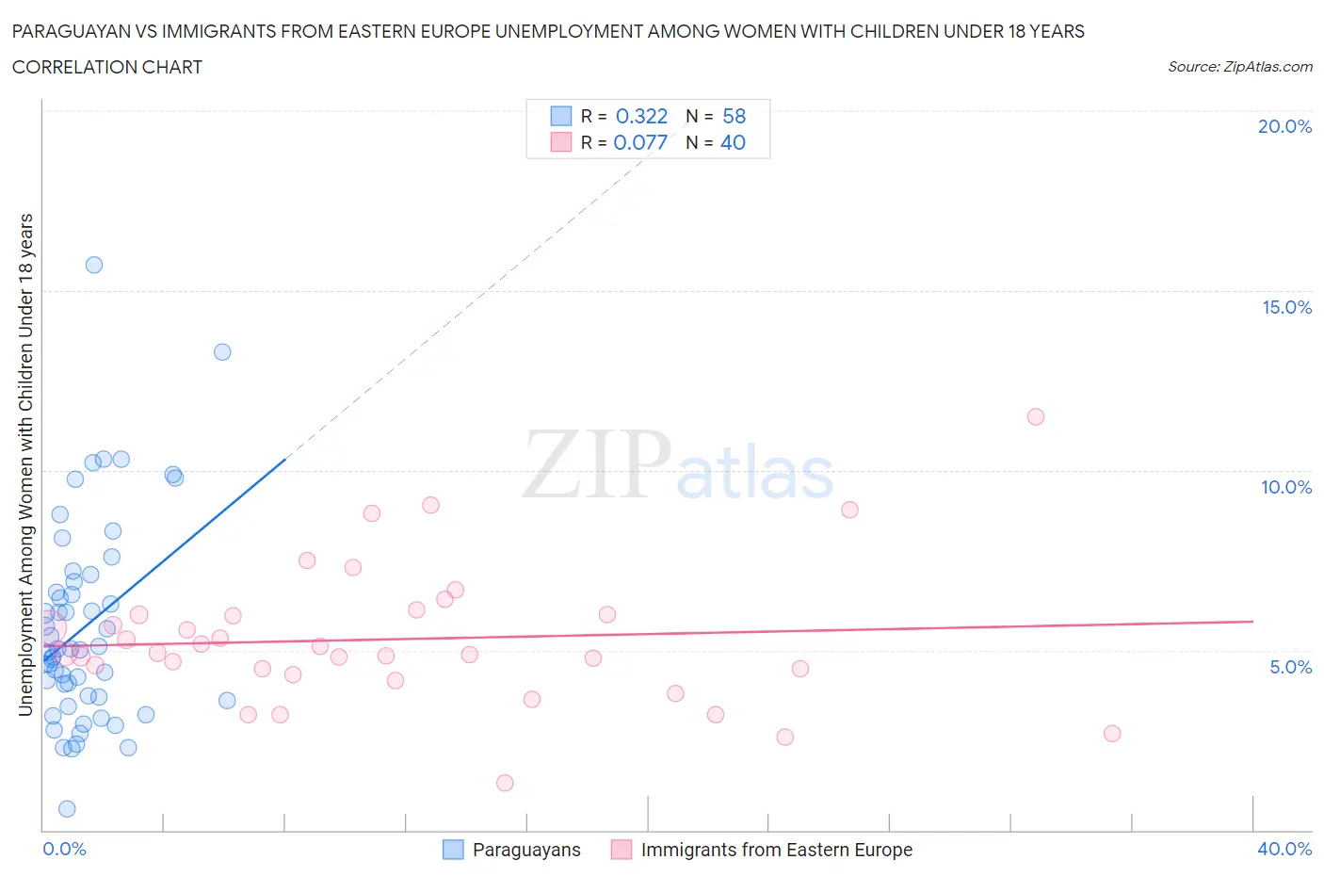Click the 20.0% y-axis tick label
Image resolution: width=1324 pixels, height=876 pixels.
(x=1284, y=127)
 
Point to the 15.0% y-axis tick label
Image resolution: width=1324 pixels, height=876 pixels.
(x=1286, y=308)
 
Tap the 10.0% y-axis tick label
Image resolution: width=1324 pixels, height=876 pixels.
(x=1286, y=488)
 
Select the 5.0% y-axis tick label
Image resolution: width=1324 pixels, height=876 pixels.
(x=1290, y=668)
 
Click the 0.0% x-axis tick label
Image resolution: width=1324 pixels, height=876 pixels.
(x=64, y=850)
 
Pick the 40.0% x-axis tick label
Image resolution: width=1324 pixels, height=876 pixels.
(x=1284, y=850)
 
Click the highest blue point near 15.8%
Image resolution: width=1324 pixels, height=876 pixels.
(x=94, y=265)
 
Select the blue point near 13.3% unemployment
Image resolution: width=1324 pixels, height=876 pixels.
(x=222, y=352)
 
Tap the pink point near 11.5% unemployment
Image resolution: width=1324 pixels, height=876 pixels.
(x=1036, y=417)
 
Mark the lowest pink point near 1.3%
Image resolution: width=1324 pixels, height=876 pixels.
(x=505, y=783)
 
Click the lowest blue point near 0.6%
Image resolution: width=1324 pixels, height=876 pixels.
(x=67, y=809)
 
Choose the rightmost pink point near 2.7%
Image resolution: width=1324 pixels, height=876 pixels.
(x=1112, y=734)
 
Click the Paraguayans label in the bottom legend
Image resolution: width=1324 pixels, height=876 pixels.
(x=526, y=851)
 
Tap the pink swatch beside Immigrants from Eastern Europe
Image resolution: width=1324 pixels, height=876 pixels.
(x=622, y=851)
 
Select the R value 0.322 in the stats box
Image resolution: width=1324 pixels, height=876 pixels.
(x=641, y=117)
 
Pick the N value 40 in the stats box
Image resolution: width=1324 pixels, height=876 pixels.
(x=733, y=143)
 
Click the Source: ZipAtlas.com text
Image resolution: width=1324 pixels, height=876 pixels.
(x=1239, y=67)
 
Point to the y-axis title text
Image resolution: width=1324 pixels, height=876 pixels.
(x=25, y=464)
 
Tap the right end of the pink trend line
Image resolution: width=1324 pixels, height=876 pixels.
(x=1252, y=622)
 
